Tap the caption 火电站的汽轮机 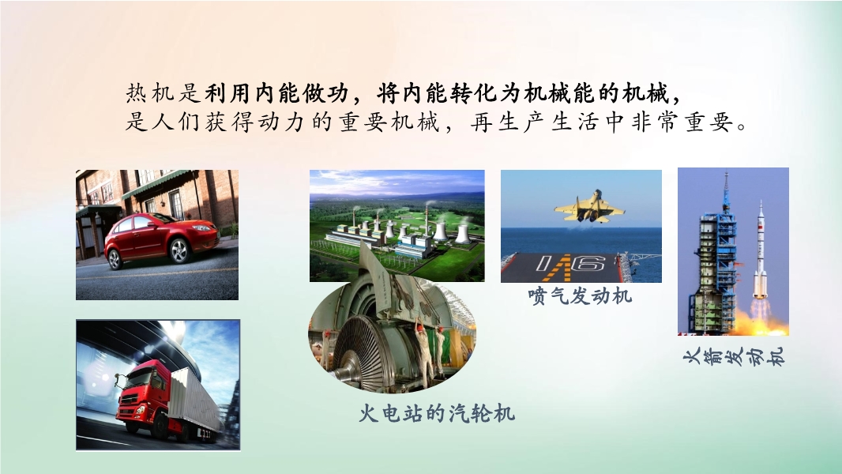[x=437, y=413]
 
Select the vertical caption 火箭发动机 [x=735, y=356]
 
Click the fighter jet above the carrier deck [x=589, y=208]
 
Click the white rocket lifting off [x=760, y=251]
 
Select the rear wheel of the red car [x=115, y=259]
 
